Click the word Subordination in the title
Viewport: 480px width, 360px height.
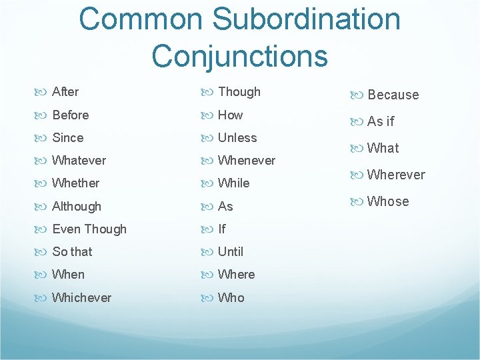tap(296, 19)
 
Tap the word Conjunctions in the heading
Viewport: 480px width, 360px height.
tap(239, 55)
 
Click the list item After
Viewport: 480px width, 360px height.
tap(65, 92)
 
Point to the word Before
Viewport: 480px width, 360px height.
tap(70, 115)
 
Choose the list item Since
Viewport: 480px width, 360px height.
tap(68, 138)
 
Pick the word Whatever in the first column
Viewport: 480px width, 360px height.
tap(79, 161)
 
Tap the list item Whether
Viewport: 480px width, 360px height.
tap(75, 183)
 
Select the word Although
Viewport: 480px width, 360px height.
tap(77, 207)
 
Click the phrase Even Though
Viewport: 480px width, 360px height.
tap(89, 229)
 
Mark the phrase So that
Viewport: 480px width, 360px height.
tap(72, 252)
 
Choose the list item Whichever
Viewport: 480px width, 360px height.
tap(81, 297)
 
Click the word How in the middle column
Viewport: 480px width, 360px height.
tap(231, 115)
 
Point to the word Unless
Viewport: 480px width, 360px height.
tap(237, 138)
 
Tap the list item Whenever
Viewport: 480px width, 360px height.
tap(246, 161)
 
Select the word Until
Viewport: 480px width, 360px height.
tap(231, 252)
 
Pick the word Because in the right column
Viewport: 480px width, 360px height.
tap(393, 95)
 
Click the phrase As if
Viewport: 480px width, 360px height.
tap(381, 121)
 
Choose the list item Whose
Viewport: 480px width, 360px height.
tap(388, 201)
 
